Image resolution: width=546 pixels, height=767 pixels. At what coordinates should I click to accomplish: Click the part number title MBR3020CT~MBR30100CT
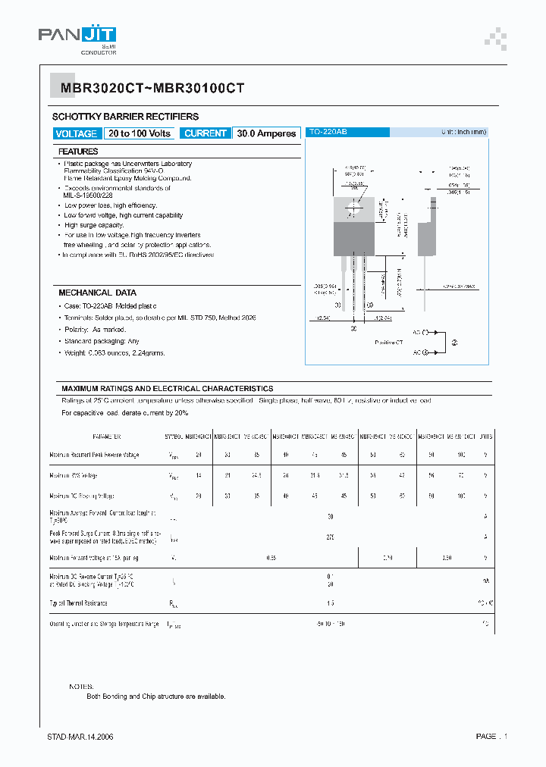(152, 88)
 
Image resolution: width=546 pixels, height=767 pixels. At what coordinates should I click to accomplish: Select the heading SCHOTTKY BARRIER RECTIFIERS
(125, 117)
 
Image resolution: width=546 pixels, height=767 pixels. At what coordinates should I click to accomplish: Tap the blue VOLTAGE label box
(77, 133)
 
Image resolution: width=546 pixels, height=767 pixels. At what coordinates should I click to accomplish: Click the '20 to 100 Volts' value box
(140, 133)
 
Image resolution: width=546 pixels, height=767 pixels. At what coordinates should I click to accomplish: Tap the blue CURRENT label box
(206, 133)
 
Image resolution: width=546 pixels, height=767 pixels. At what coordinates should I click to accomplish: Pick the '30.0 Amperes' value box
(266, 133)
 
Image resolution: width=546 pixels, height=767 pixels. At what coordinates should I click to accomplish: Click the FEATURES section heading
(79, 152)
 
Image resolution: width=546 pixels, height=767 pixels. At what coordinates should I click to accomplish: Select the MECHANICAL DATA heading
(98, 293)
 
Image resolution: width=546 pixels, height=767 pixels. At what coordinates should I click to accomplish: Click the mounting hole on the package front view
(353, 205)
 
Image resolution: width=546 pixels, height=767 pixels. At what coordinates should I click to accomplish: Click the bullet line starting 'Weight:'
(115, 353)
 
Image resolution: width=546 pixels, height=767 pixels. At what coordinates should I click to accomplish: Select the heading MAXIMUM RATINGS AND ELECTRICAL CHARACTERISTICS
(168, 388)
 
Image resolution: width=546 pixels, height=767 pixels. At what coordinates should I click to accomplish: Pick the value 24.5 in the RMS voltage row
(256, 475)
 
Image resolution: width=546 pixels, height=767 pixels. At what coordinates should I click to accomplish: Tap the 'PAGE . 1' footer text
(491, 736)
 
